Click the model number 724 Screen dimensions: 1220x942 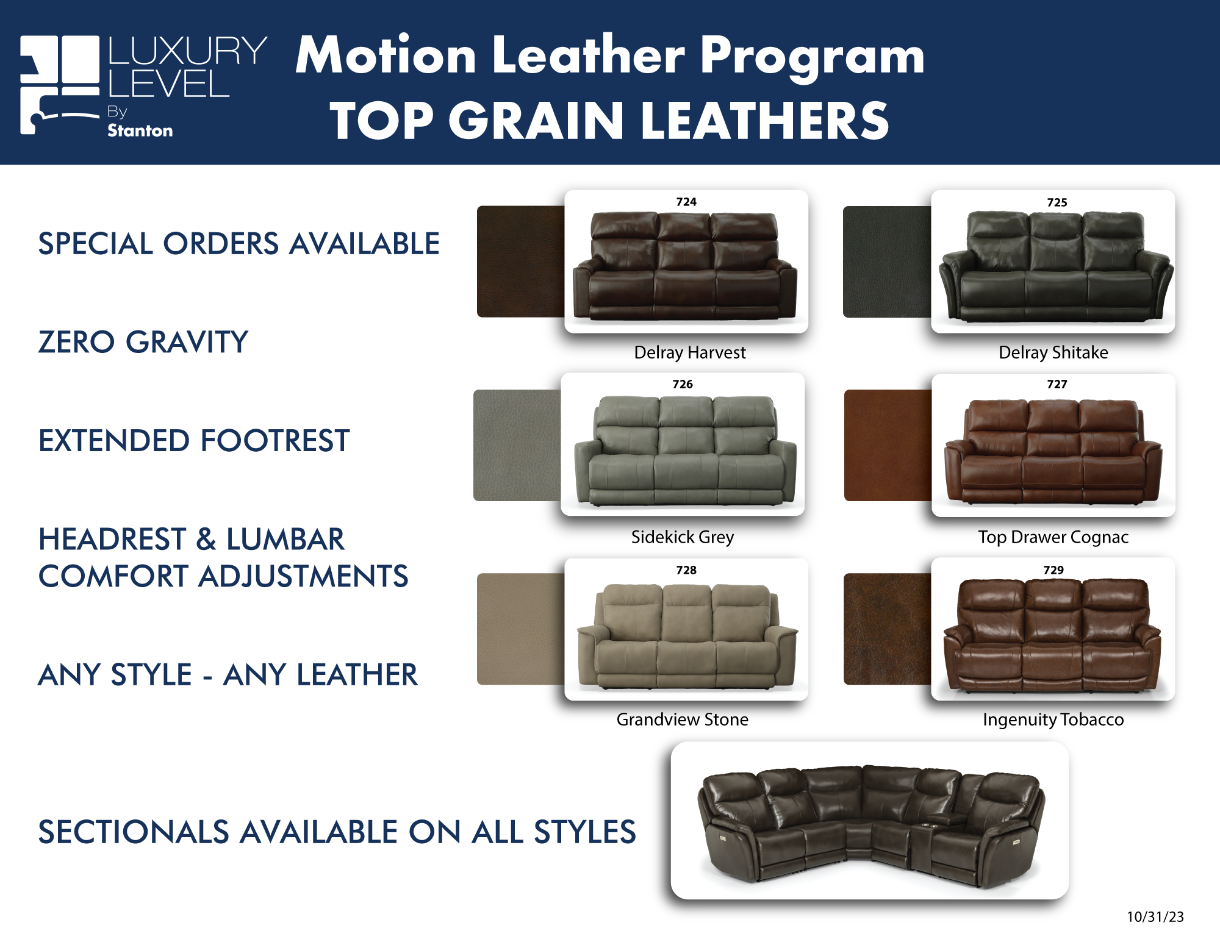(x=686, y=202)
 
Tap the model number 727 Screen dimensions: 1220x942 (x=1057, y=384)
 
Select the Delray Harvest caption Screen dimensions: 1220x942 (x=690, y=352)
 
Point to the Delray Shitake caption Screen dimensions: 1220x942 (x=1053, y=352)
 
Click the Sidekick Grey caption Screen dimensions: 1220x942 (x=683, y=537)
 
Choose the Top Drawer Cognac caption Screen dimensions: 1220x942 (x=1053, y=537)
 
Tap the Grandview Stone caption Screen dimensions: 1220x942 (x=683, y=719)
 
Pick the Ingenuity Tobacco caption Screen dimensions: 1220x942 (x=1053, y=720)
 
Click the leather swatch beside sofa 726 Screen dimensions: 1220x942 (x=517, y=445)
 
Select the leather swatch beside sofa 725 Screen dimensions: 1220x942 (x=888, y=262)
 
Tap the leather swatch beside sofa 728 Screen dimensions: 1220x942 (x=521, y=629)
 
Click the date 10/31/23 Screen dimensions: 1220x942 (x=1155, y=917)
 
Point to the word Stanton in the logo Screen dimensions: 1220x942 (x=140, y=130)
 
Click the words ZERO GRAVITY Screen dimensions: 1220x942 (x=143, y=341)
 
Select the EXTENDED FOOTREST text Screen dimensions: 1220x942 (x=194, y=440)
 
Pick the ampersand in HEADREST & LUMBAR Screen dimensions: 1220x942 (x=206, y=540)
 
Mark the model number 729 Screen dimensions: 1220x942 (x=1053, y=570)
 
